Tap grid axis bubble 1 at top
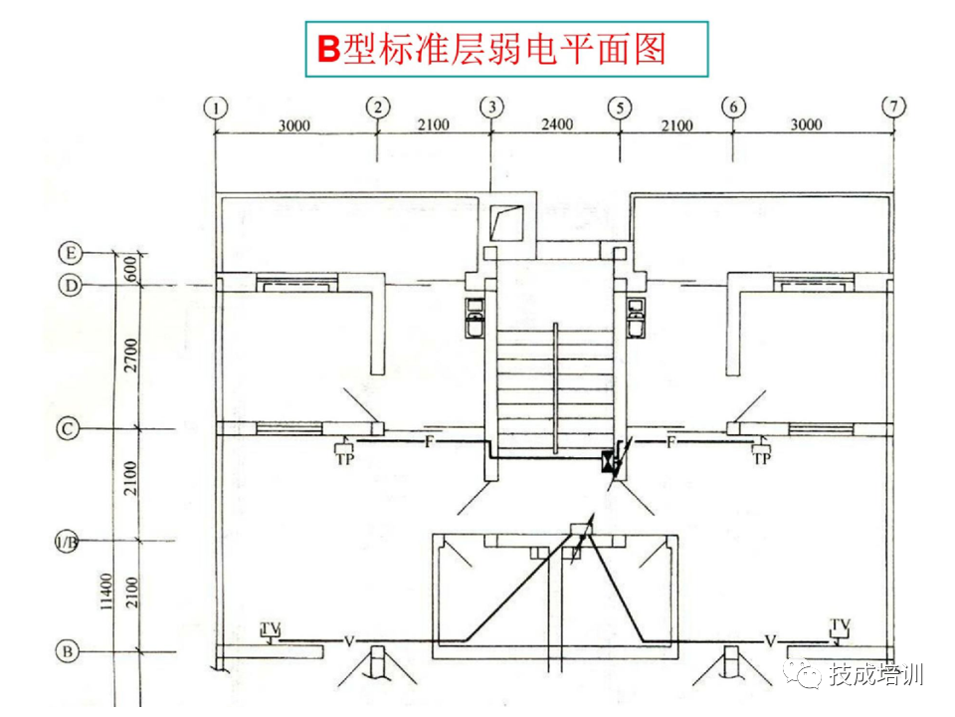216,106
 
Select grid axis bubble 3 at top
490,106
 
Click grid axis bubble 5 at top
621,106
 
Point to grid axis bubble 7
894,106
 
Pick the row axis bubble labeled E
70,252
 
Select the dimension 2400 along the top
556,124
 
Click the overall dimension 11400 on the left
106,595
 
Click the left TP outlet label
345,459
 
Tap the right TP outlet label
762,459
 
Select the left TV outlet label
271,627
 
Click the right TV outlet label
841,624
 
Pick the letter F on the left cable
429,440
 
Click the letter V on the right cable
770,639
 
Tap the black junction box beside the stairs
607,462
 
